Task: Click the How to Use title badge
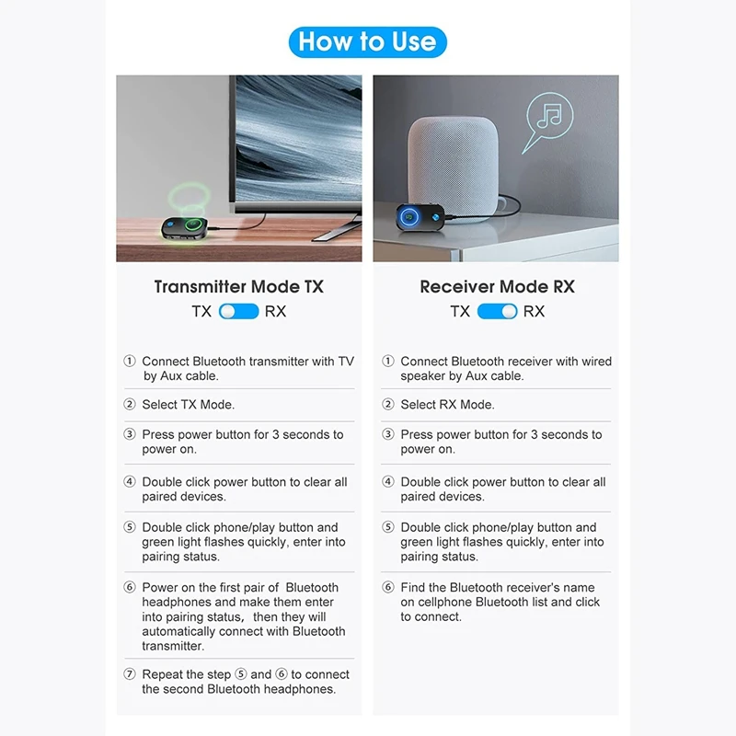pos(368,41)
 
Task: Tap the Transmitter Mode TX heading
pos(238,286)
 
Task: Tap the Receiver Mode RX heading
pos(497,286)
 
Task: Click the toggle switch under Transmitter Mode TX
pos(239,311)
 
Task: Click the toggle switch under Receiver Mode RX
pos(497,311)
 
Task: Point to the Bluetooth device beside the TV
pos(188,227)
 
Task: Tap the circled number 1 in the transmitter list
pos(130,362)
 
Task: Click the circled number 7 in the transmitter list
pos(130,674)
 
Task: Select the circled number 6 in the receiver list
pos(388,588)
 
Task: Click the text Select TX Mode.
pos(188,405)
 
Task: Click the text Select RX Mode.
pos(447,405)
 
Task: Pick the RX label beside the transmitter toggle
pos(275,311)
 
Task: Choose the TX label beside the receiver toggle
pos(460,311)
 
